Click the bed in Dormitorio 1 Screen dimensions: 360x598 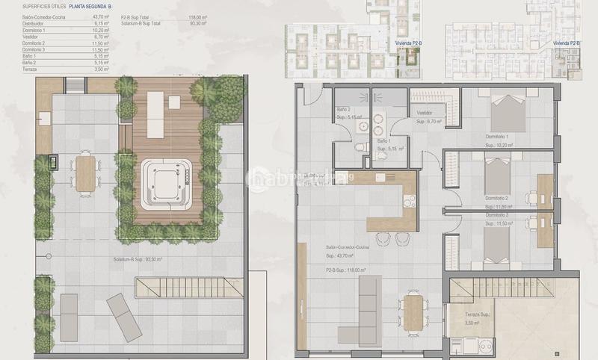(x=508, y=115)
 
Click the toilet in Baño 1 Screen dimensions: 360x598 (x=362, y=146)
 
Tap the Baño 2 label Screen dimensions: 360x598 (x=345, y=110)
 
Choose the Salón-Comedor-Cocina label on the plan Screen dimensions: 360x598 (x=348, y=246)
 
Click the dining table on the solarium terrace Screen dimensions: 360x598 (x=85, y=172)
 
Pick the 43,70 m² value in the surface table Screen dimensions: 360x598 (x=100, y=16)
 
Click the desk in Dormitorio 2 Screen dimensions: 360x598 (x=545, y=190)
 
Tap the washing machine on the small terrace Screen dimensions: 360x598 (x=472, y=346)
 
